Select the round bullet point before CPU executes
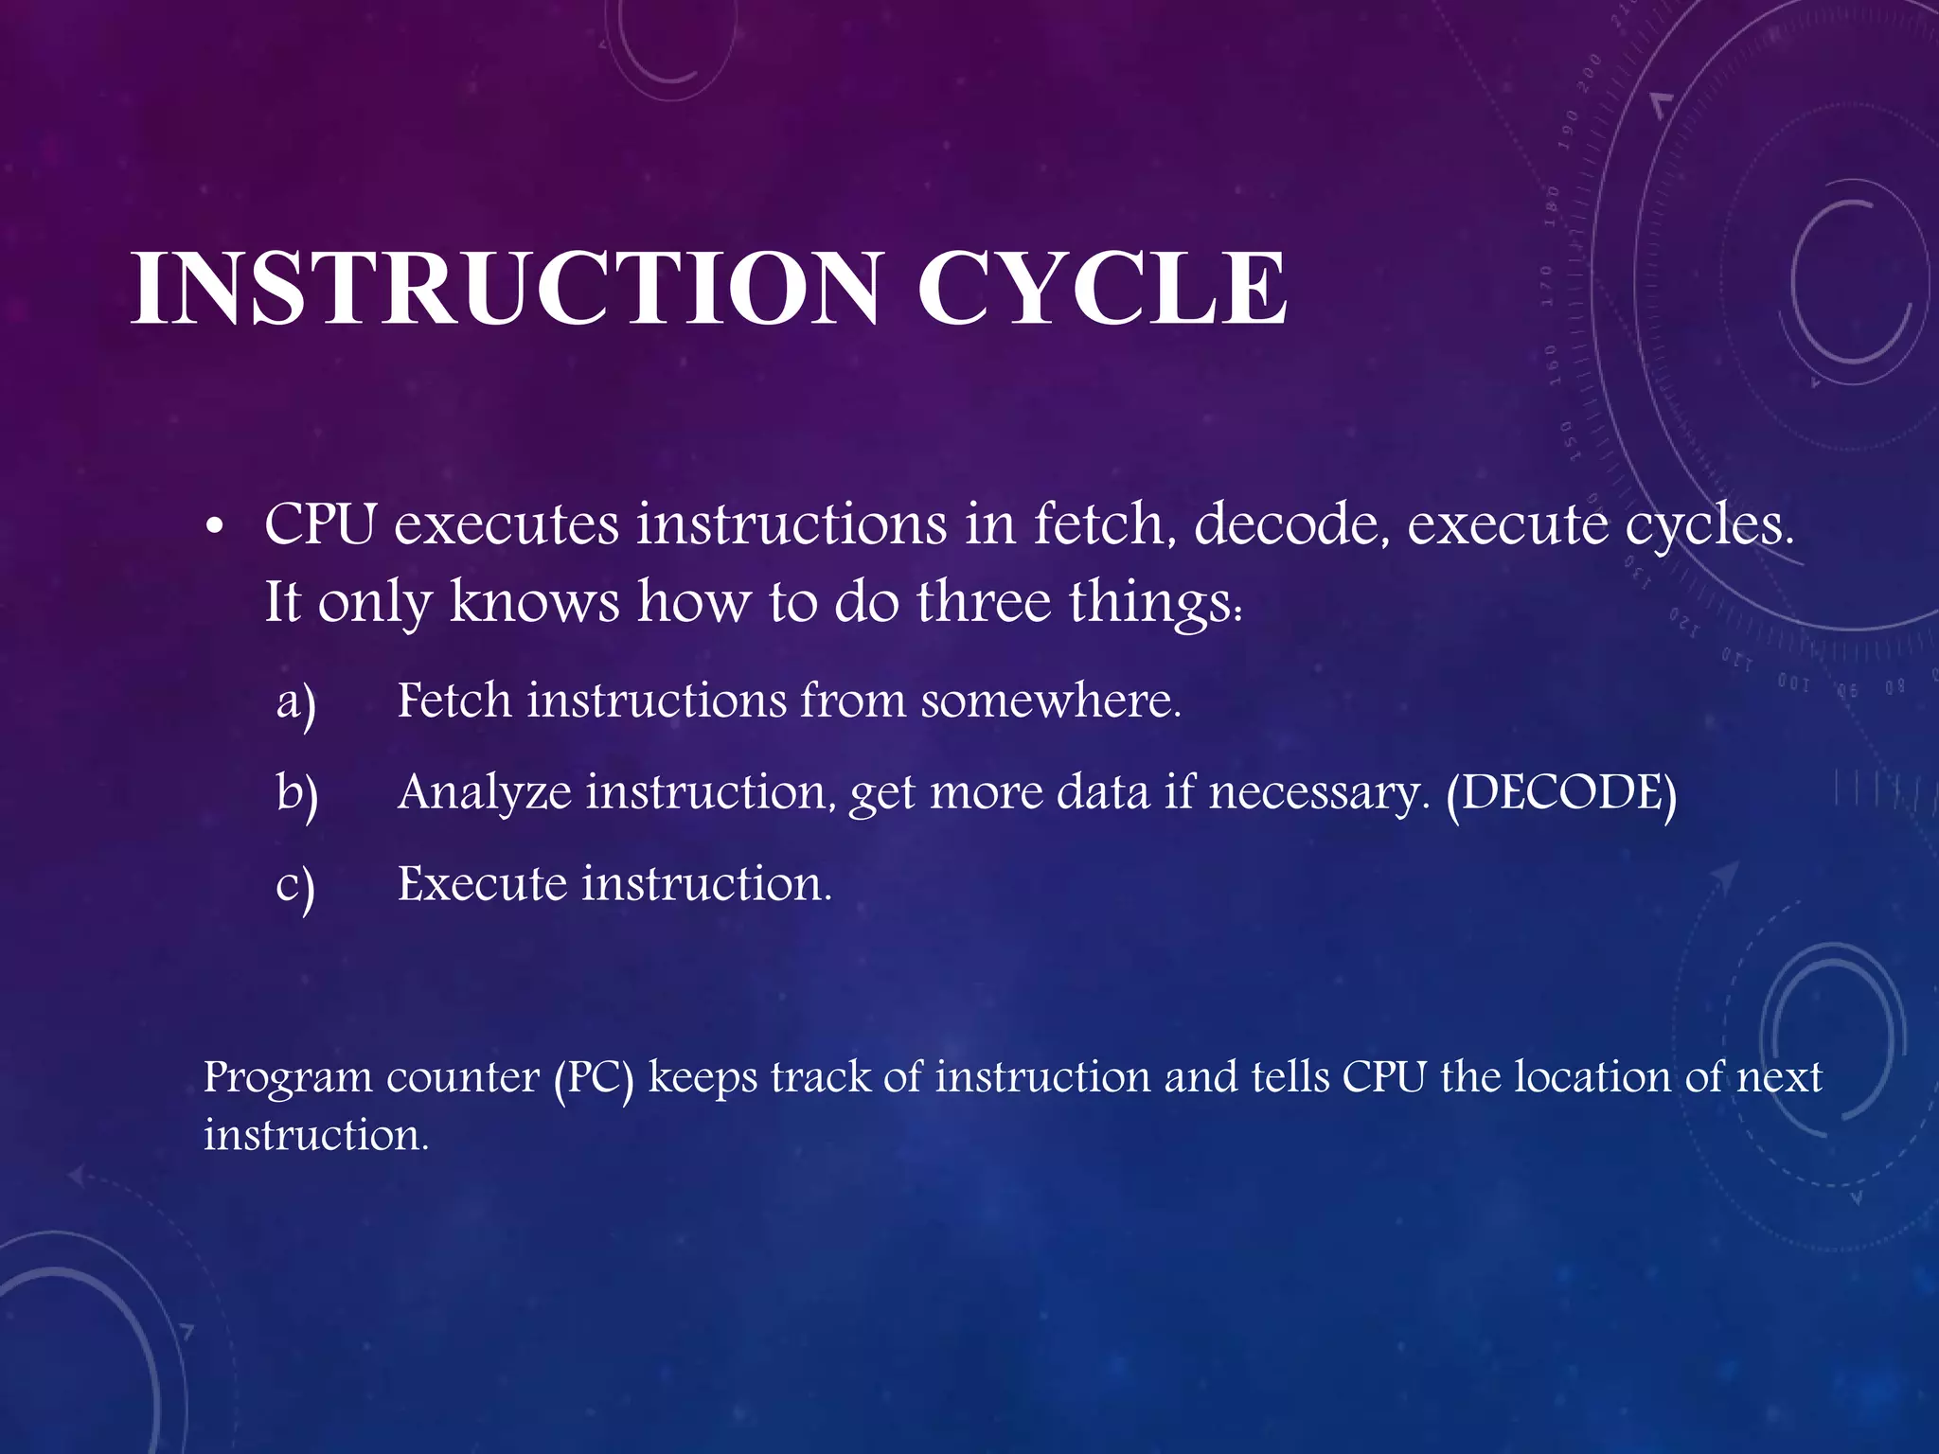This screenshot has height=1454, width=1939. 215,526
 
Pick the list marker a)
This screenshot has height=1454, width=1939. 296,703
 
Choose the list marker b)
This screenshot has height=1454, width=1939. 297,793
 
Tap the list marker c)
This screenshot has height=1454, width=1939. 295,886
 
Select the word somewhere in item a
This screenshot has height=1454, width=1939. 1051,700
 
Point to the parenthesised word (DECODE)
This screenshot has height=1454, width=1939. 1561,792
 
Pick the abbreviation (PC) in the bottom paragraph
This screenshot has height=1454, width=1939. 594,1077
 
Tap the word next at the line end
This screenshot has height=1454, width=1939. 1779,1077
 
